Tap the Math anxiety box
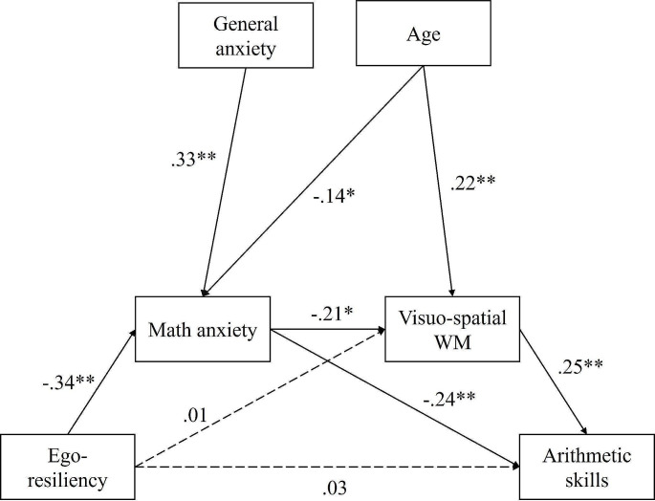(203, 331)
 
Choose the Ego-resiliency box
(67, 467)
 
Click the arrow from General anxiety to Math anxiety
(226, 182)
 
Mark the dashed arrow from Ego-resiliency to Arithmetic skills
(325, 468)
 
